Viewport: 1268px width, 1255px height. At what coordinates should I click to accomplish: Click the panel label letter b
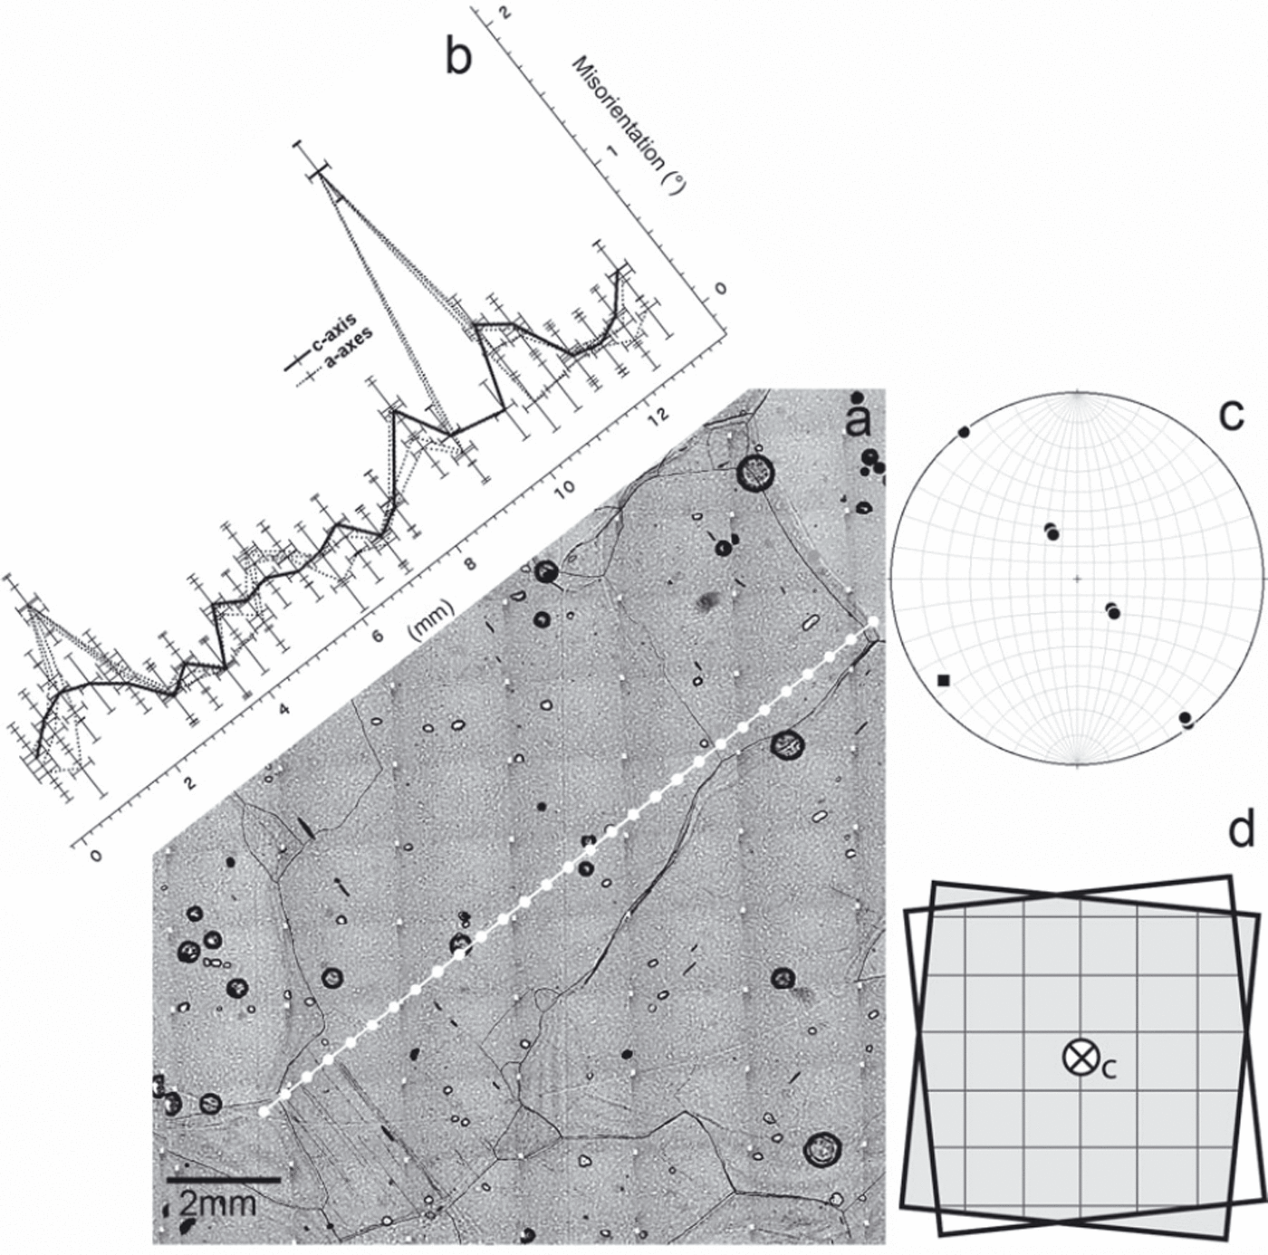pyautogui.click(x=458, y=57)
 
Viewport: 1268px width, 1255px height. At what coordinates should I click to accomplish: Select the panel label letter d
pyautogui.click(x=1240, y=829)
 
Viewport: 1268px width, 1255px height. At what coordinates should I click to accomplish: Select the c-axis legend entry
pyautogui.click(x=332, y=344)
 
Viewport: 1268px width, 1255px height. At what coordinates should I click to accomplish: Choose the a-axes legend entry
pyautogui.click(x=348, y=355)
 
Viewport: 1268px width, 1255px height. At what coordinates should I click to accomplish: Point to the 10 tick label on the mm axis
pyautogui.click(x=564, y=488)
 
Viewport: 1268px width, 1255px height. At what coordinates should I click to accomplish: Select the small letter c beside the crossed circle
pyautogui.click(x=1109, y=1069)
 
